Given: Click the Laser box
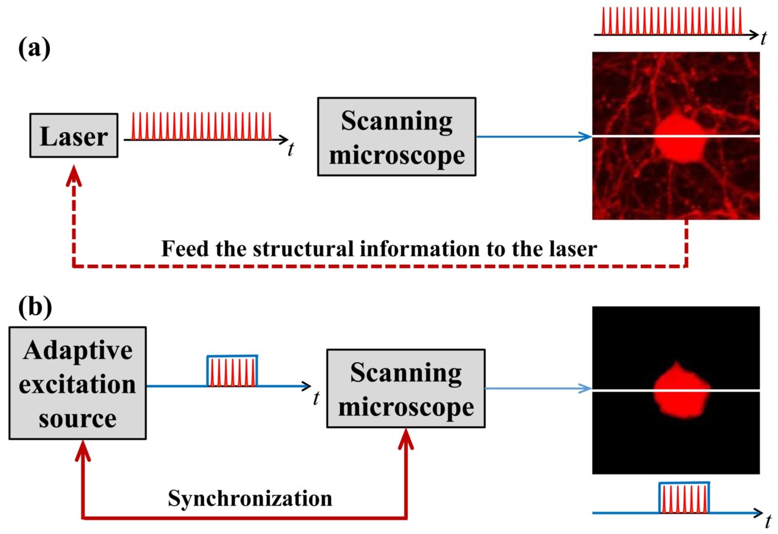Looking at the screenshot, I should click(x=73, y=137).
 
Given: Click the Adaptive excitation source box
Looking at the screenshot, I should click(x=77, y=383).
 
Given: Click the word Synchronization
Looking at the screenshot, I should click(x=250, y=499).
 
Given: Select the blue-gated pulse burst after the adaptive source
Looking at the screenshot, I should click(x=232, y=372).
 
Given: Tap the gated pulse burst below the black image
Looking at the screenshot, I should click(x=684, y=498).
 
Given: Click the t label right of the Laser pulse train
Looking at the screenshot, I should click(x=291, y=149).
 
